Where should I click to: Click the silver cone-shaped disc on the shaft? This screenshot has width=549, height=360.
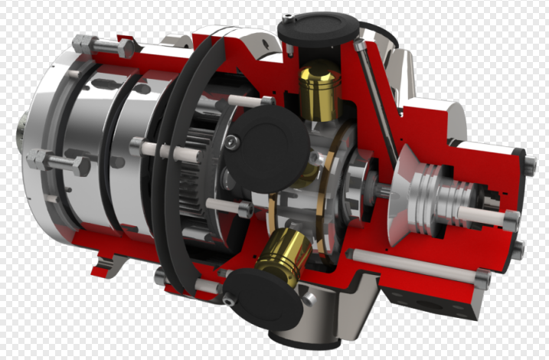pos(402,195)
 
